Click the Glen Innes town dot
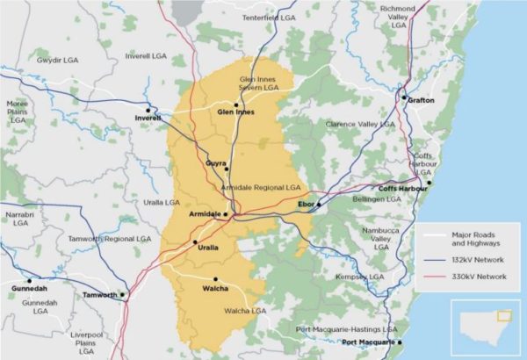coord(235,104)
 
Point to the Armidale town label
coord(205,214)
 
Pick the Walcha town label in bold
coord(214,289)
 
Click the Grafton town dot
coord(404,97)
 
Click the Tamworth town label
coord(98,296)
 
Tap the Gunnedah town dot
coord(29,281)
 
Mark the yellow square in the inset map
coord(503,316)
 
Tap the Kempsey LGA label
coord(358,277)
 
